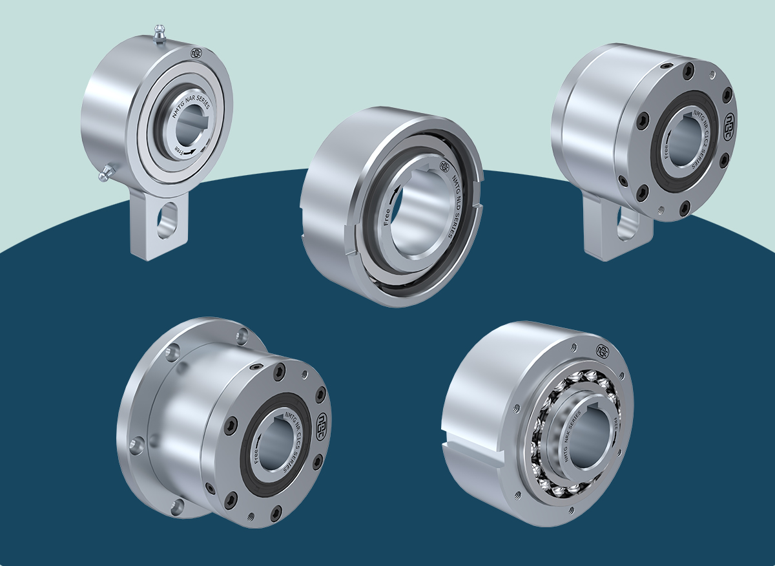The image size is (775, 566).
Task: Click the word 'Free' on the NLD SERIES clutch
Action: [x=387, y=213]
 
